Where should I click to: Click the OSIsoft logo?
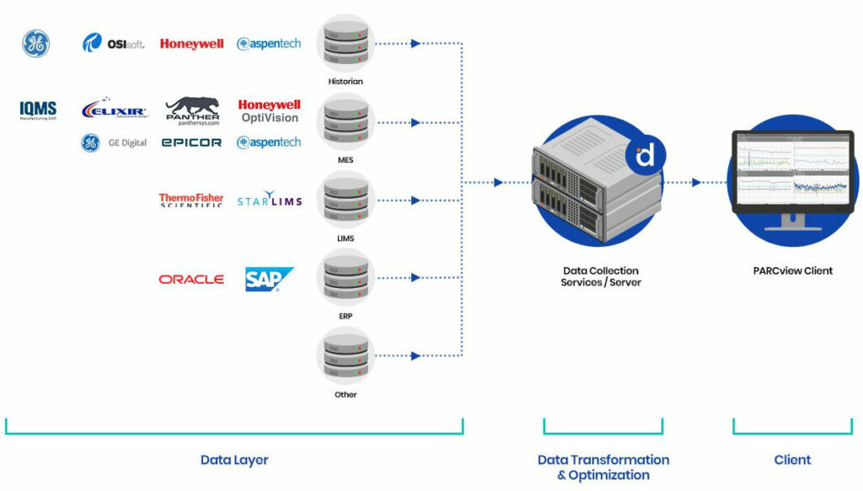113,43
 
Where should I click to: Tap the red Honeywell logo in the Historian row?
191,44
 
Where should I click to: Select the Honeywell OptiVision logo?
269,111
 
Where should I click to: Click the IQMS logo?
38,109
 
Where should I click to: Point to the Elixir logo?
115,109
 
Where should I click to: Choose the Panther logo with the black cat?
192,109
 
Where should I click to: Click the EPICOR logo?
191,143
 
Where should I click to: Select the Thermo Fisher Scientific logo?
191,200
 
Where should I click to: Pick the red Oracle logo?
191,280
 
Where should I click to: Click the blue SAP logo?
268,279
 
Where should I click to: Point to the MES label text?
345,159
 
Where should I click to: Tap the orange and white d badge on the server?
646,155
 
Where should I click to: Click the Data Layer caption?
234,460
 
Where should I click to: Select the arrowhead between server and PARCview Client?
696,182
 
